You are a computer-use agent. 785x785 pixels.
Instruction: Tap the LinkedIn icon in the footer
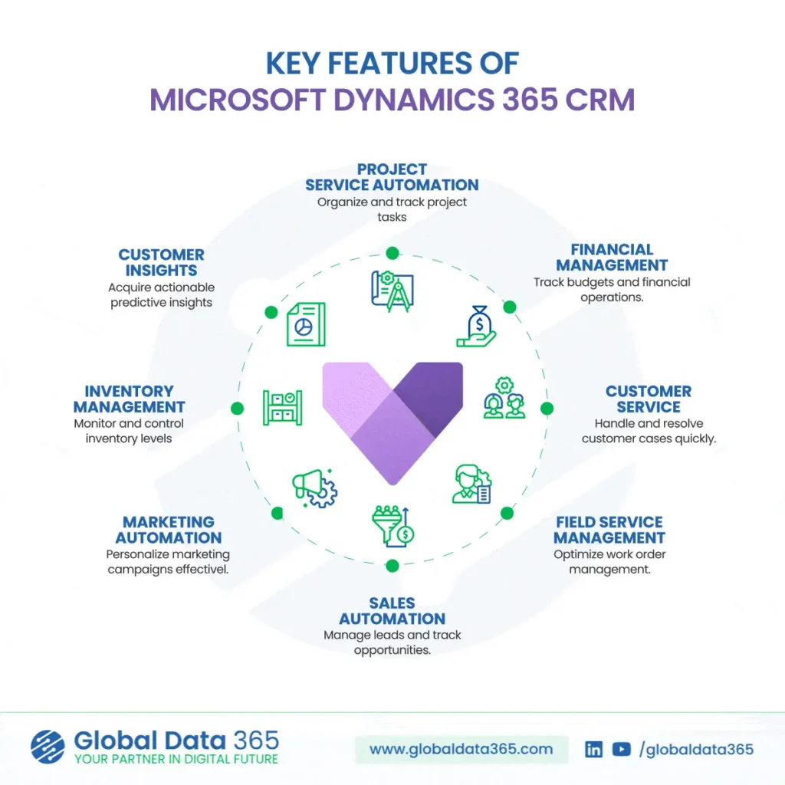[593, 749]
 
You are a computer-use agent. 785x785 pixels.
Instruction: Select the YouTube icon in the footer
[622, 749]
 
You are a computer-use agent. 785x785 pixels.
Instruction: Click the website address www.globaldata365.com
[461, 749]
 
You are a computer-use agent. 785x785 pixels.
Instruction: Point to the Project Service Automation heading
[392, 177]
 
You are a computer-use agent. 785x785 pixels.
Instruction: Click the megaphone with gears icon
[314, 487]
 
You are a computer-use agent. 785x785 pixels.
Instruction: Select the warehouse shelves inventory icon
[282, 406]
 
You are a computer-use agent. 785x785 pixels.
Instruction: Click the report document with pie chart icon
[306, 324]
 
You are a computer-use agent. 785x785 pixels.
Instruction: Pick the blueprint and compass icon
[392, 291]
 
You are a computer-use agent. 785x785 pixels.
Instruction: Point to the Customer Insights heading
[161, 262]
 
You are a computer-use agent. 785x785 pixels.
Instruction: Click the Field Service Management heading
[609, 530]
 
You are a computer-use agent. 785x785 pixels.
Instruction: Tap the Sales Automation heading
[392, 611]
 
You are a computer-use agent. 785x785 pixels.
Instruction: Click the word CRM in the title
[601, 100]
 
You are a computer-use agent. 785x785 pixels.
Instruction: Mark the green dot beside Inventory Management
[237, 409]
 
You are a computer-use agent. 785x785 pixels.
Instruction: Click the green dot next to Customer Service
[547, 409]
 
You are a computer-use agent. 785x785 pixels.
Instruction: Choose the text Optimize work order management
[609, 562]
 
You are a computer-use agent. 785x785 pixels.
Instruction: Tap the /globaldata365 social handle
[696, 749]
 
